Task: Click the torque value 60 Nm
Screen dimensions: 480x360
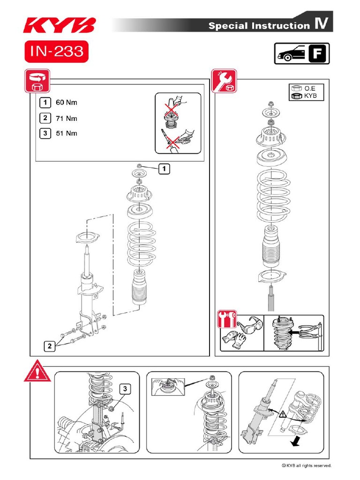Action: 67,102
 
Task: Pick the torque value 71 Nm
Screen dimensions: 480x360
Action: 67,118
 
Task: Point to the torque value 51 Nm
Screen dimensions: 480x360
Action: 67,134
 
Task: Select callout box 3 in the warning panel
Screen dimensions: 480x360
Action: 125,389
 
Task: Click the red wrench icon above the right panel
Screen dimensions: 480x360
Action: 224,81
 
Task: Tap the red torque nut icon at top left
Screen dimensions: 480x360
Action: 36,81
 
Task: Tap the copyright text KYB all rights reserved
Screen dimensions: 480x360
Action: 307,465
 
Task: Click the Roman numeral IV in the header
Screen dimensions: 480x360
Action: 321,25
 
